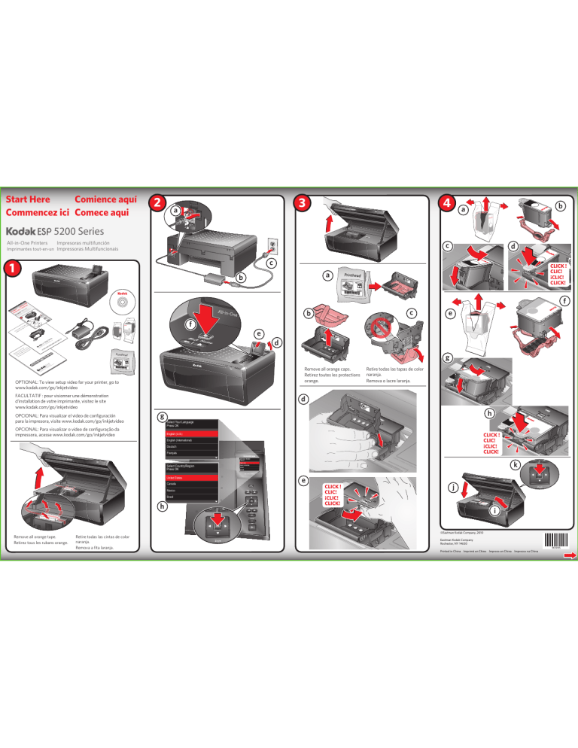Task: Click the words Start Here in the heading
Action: (x=28, y=199)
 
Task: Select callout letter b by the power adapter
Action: (x=240, y=278)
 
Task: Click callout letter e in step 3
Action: (x=303, y=479)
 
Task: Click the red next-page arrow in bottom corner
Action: (x=569, y=556)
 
